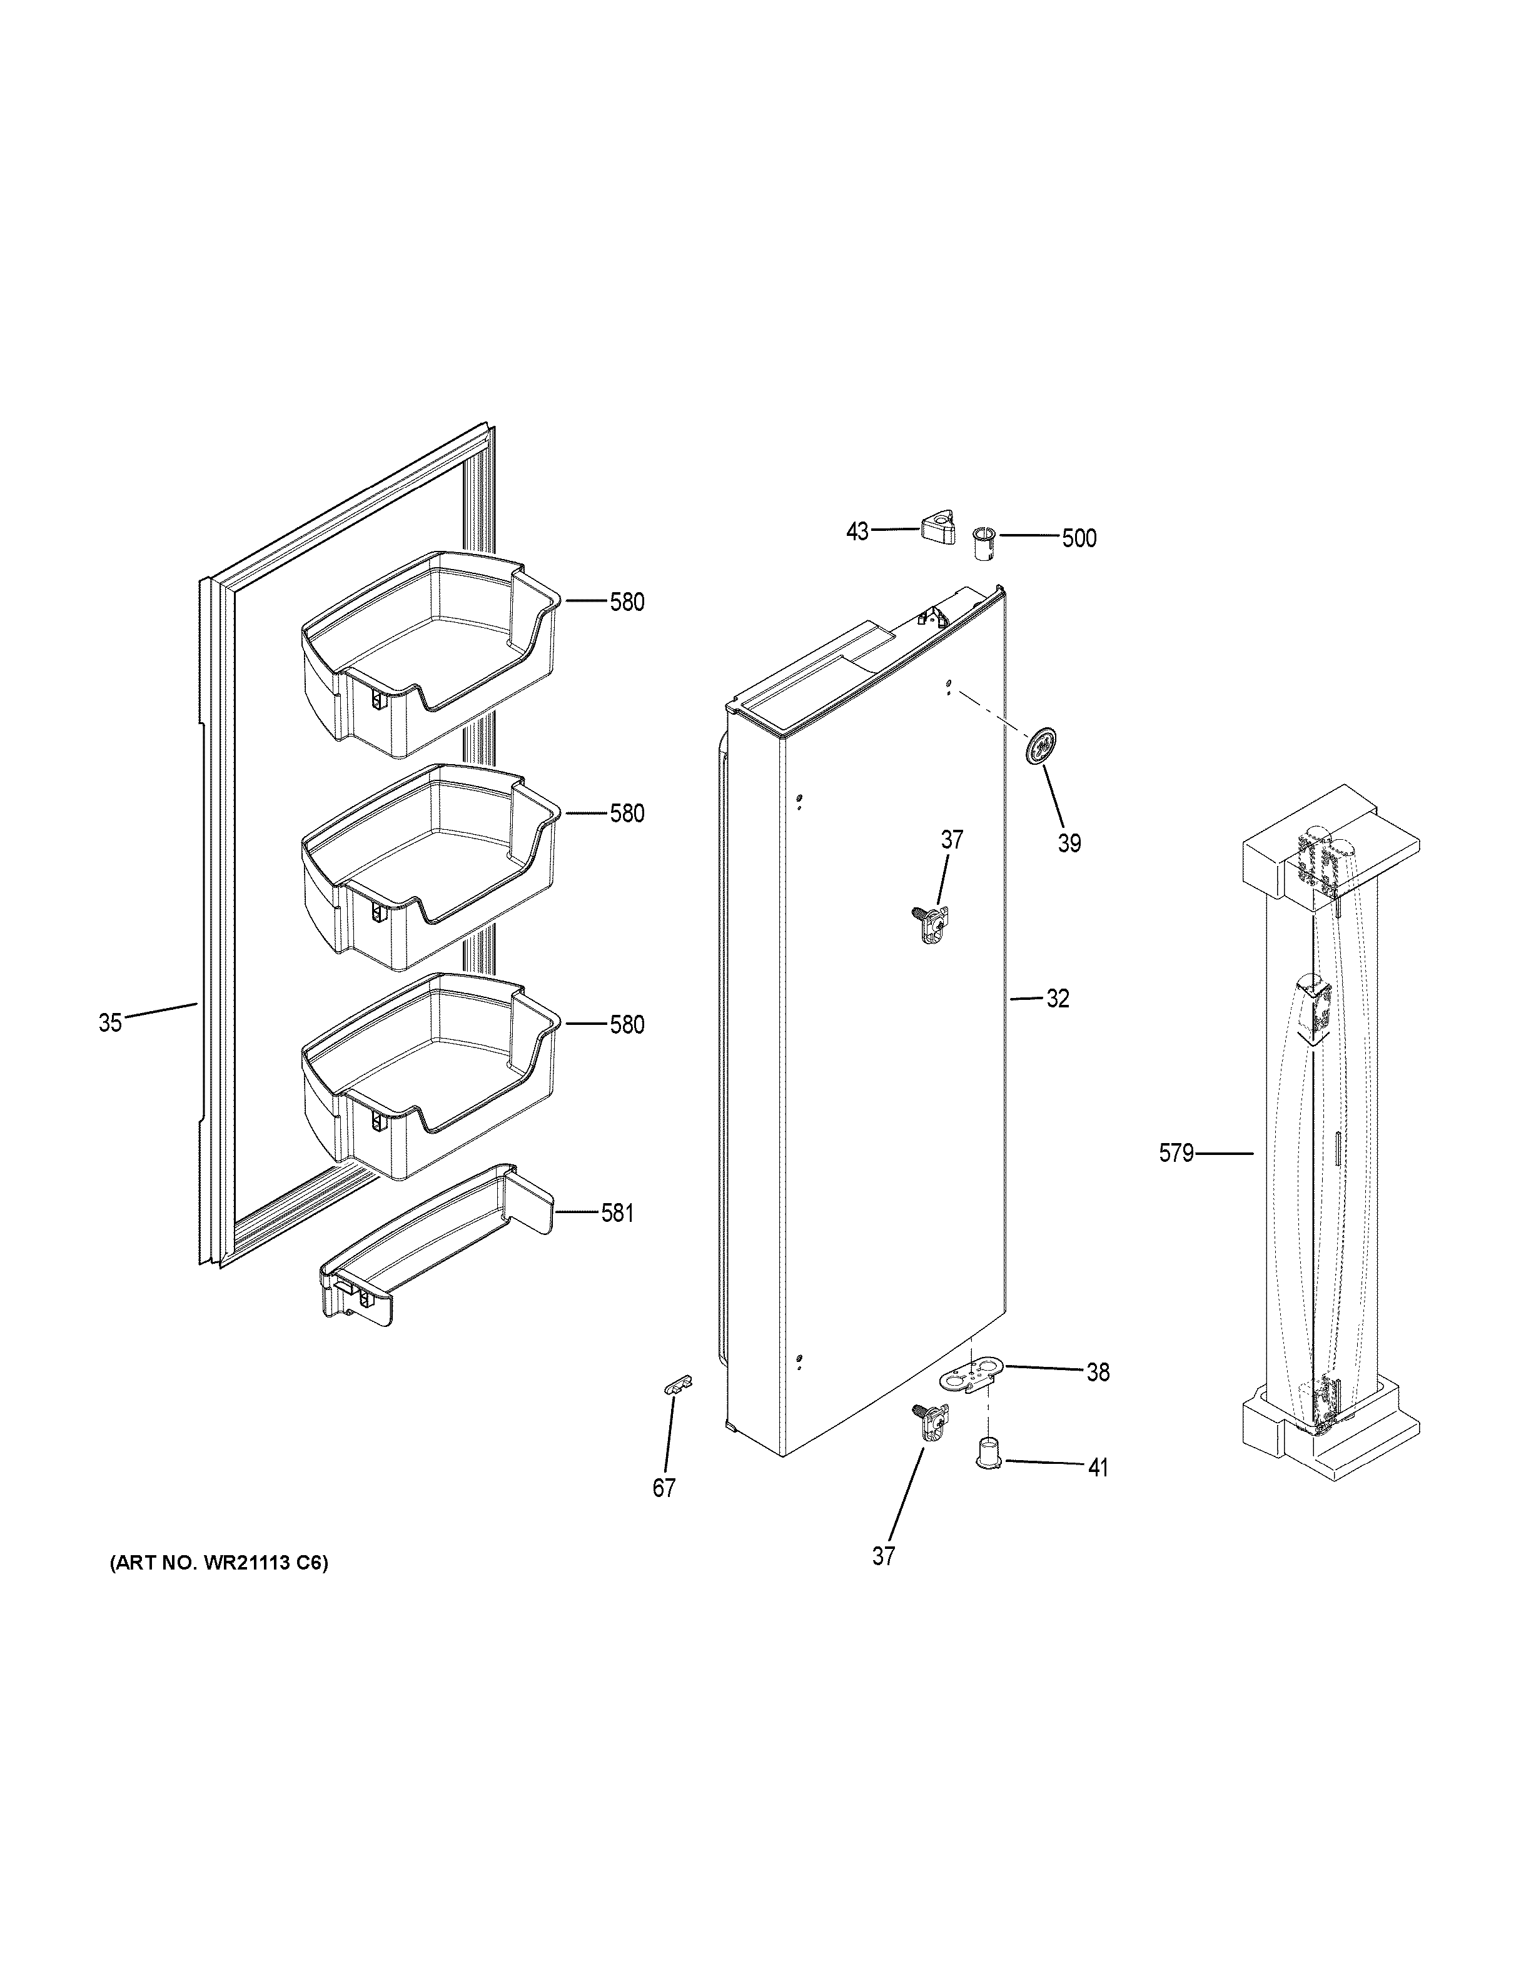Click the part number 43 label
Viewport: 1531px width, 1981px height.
click(857, 532)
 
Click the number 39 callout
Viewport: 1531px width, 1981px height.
click(1069, 844)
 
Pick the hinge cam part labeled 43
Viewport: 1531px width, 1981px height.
click(939, 526)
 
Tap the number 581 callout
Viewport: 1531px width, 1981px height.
click(617, 1212)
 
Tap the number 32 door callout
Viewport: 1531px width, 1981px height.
click(1058, 999)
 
